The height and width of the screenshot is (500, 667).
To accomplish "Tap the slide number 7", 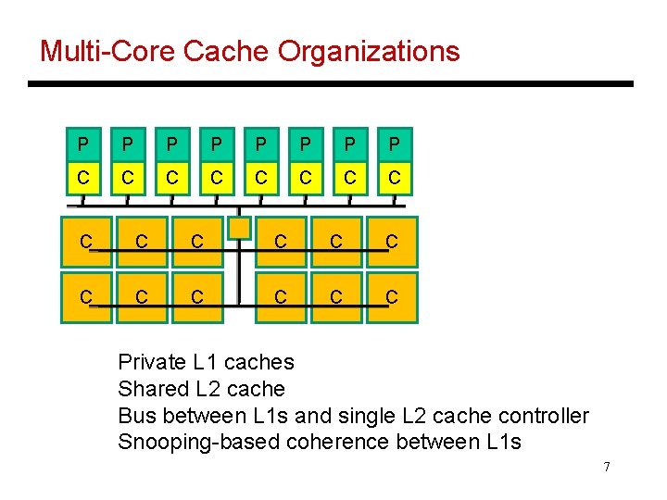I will pos(606,467).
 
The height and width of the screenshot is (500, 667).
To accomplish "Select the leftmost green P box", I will pos(83,144).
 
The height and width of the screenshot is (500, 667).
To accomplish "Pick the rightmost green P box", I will pos(395,144).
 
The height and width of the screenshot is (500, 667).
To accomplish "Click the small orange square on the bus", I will pos(240,227).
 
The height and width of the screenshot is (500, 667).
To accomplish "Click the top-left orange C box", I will pos(86,242).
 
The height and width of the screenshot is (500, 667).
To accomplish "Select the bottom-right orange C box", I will pos(392,297).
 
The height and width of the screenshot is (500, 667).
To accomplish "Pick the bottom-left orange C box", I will pos(86,297).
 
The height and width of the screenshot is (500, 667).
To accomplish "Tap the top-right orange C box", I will pos(392,242).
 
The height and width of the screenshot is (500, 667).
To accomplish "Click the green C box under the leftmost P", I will pos(83,177).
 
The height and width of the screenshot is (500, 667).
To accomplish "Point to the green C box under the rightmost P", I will pos(395,177).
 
